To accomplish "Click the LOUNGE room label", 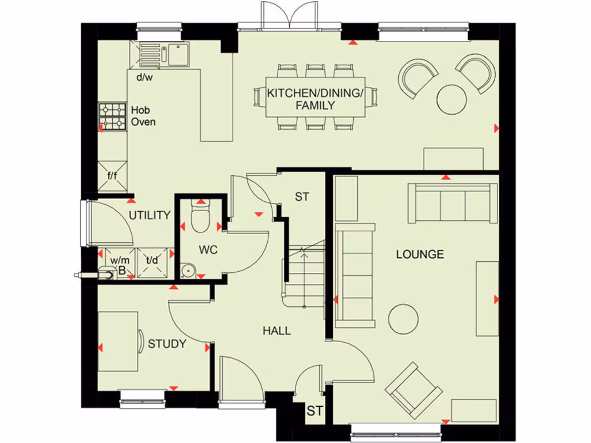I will pos(420,254).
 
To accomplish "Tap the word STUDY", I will pos(167,344).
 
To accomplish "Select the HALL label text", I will pos(277,331).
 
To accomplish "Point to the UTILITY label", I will pos(149,216).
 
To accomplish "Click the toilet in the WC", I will pos(200,219).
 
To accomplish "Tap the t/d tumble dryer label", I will pos(152,260).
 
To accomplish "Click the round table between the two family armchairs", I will pos(452,99).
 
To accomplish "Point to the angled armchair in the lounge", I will pos(414,390).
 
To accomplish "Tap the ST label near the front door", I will pos(315,411).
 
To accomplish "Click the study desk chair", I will pos(140,341).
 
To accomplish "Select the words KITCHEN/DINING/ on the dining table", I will pos(315,93).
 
